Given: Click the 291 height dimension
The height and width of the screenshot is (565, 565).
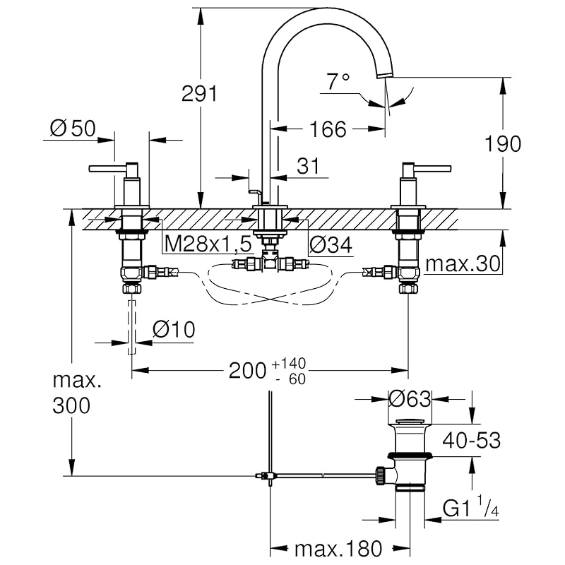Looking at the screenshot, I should [x=199, y=93].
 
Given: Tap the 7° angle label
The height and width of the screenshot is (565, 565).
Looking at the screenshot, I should [x=338, y=83].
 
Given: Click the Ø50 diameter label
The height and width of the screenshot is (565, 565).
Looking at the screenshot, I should [x=73, y=129].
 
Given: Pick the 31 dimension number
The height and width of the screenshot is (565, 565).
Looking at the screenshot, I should [x=308, y=167].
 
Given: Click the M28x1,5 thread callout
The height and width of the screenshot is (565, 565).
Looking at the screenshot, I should [x=208, y=245].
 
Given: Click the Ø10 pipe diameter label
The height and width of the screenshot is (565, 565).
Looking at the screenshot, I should [x=174, y=330].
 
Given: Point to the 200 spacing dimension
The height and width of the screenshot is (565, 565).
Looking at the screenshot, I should [x=247, y=370].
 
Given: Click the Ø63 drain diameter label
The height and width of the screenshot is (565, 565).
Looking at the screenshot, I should [x=410, y=399].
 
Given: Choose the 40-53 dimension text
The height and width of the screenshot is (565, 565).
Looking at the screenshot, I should [x=472, y=441].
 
